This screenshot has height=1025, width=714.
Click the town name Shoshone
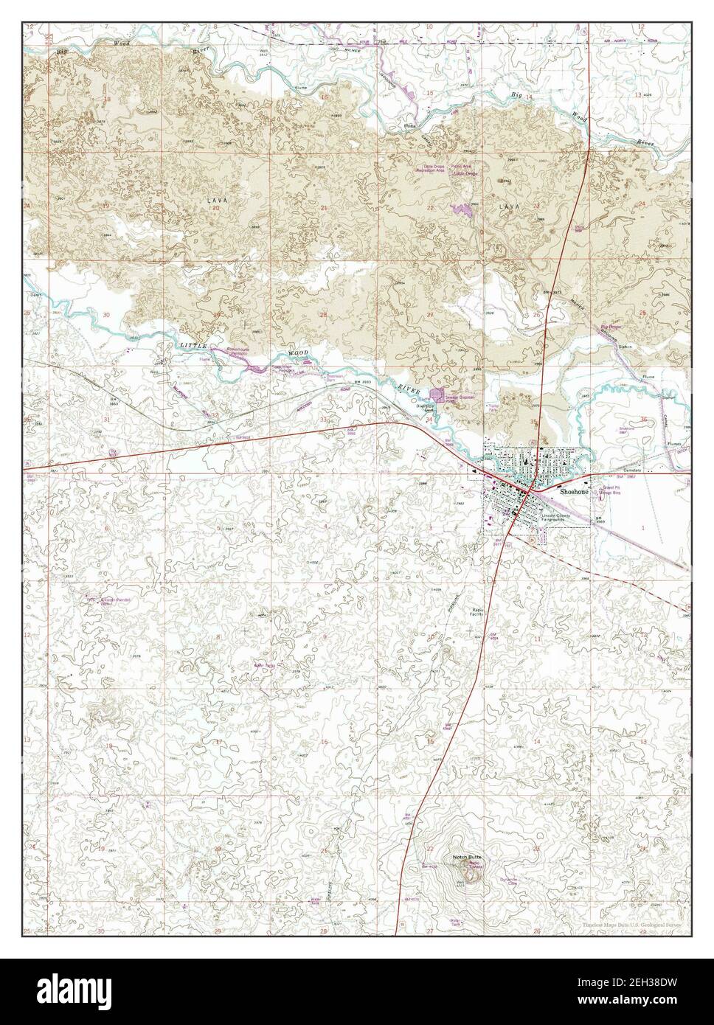(575, 490)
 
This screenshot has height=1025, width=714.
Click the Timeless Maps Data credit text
(631, 924)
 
